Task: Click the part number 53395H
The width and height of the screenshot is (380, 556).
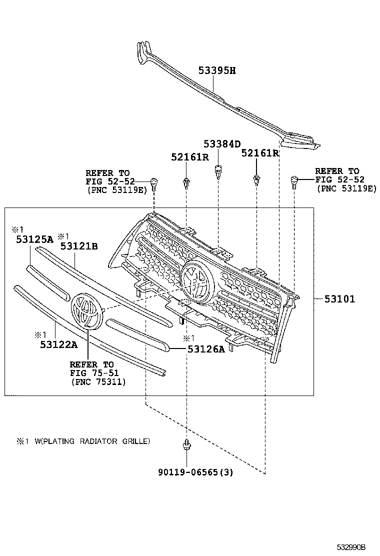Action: click(x=216, y=70)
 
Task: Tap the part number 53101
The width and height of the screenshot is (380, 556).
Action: click(x=339, y=299)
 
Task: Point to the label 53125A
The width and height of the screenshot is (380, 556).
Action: click(x=34, y=239)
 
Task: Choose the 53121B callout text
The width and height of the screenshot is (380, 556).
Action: click(x=79, y=245)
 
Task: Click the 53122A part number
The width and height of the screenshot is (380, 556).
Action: click(x=59, y=344)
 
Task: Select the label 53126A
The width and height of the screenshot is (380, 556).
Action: click(x=206, y=349)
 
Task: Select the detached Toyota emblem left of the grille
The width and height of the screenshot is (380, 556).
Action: click(x=86, y=311)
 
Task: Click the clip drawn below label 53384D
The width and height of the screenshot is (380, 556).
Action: click(x=218, y=172)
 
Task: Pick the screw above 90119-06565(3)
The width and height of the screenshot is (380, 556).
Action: click(x=186, y=444)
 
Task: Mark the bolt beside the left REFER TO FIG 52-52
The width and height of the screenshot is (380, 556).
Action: click(x=154, y=183)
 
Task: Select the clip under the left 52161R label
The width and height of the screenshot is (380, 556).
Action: click(x=186, y=183)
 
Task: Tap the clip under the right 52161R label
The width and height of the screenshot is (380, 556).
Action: click(x=256, y=180)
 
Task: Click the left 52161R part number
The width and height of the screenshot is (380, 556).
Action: click(x=189, y=157)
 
